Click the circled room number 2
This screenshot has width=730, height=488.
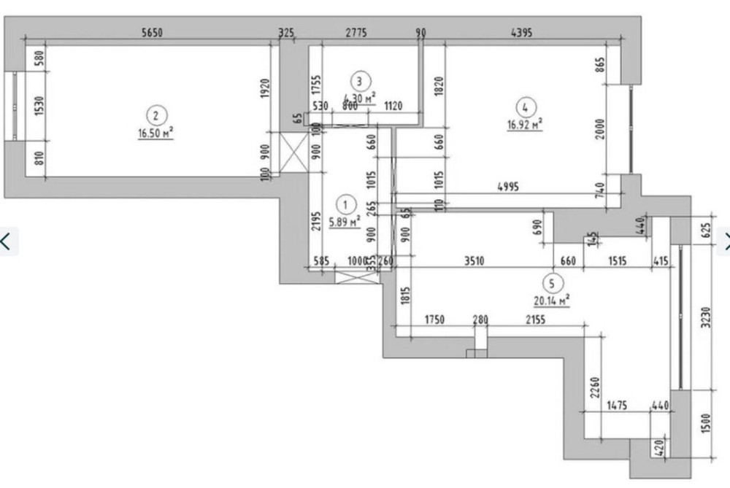[154, 115]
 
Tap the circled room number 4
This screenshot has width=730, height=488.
[529, 104]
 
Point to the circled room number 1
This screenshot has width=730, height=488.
[346, 206]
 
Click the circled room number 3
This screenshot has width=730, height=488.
[359, 80]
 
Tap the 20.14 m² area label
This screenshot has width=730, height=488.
[552, 298]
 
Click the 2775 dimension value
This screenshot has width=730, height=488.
[356, 32]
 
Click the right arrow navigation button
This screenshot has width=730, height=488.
[724, 241]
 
